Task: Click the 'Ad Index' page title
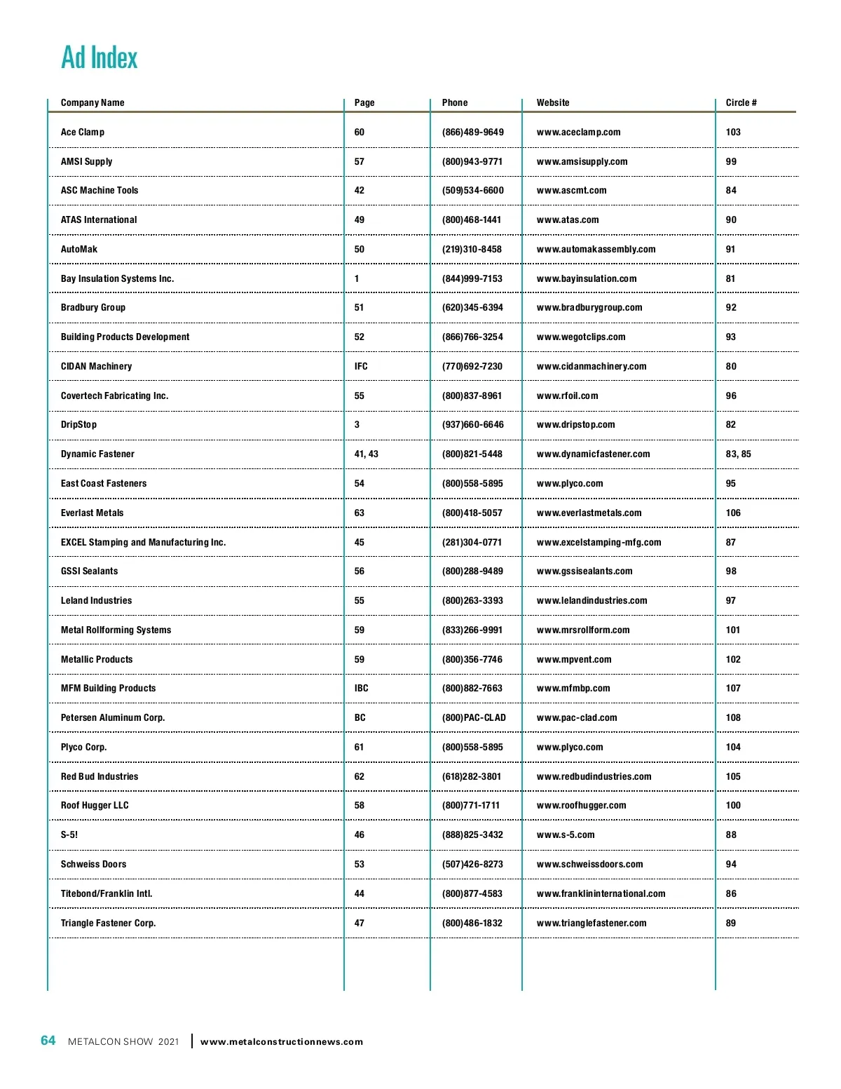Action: [x=100, y=58]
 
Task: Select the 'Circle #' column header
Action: [x=741, y=103]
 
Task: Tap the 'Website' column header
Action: [x=553, y=103]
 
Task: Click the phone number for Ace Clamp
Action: [x=472, y=133]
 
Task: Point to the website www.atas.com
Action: [x=568, y=220]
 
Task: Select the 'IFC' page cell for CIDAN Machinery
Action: [x=361, y=367]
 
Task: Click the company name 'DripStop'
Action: [x=78, y=425]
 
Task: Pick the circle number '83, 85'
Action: [x=738, y=454]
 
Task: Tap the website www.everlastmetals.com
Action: [x=589, y=513]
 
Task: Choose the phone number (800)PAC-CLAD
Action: [x=474, y=718]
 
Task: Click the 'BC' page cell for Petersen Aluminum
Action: [x=360, y=718]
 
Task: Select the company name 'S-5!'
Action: [x=69, y=835]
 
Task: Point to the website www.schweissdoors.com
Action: [x=589, y=865]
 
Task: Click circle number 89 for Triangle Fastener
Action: [x=730, y=924]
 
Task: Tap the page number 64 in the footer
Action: [x=48, y=1041]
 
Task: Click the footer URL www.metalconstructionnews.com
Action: [x=282, y=1042]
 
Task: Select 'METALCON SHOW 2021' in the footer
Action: [x=123, y=1042]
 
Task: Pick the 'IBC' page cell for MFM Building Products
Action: [x=361, y=689]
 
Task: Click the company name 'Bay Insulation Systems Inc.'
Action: [x=117, y=279]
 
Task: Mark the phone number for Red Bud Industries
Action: [x=472, y=777]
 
